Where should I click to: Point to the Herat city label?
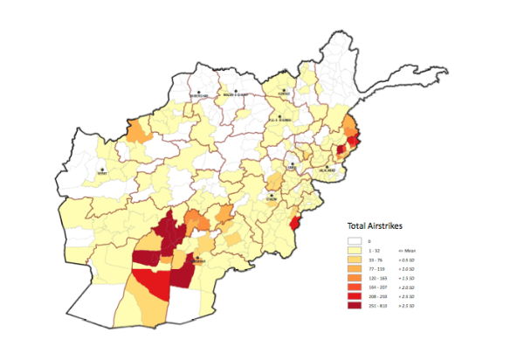click(x=103, y=173)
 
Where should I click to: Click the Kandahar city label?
click(x=199, y=261)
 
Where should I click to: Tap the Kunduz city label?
click(x=284, y=93)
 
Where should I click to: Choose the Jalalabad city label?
click(x=327, y=172)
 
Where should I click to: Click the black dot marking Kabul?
click(x=293, y=162)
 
